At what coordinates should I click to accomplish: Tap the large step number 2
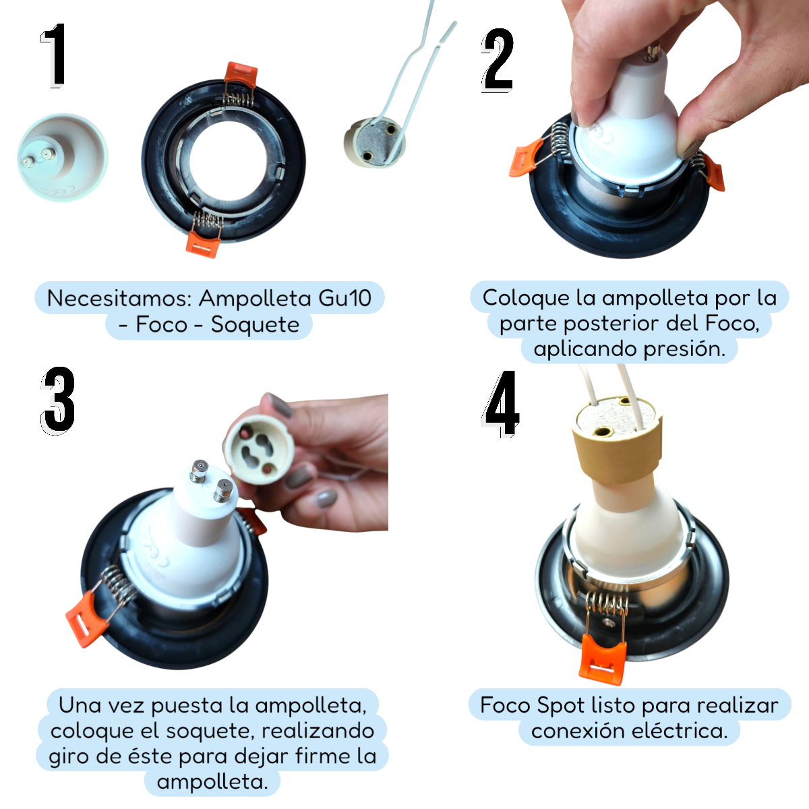pyautogui.click(x=498, y=61)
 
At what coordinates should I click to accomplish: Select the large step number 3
pyautogui.click(x=57, y=400)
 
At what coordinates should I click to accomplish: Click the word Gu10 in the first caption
pyautogui.click(x=344, y=298)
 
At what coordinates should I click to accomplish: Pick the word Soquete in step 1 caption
pyautogui.click(x=255, y=324)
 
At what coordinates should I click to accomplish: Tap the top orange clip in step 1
pyautogui.click(x=241, y=76)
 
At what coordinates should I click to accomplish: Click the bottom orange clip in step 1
pyautogui.click(x=203, y=244)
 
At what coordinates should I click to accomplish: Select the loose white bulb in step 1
pyautogui.click(x=62, y=157)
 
